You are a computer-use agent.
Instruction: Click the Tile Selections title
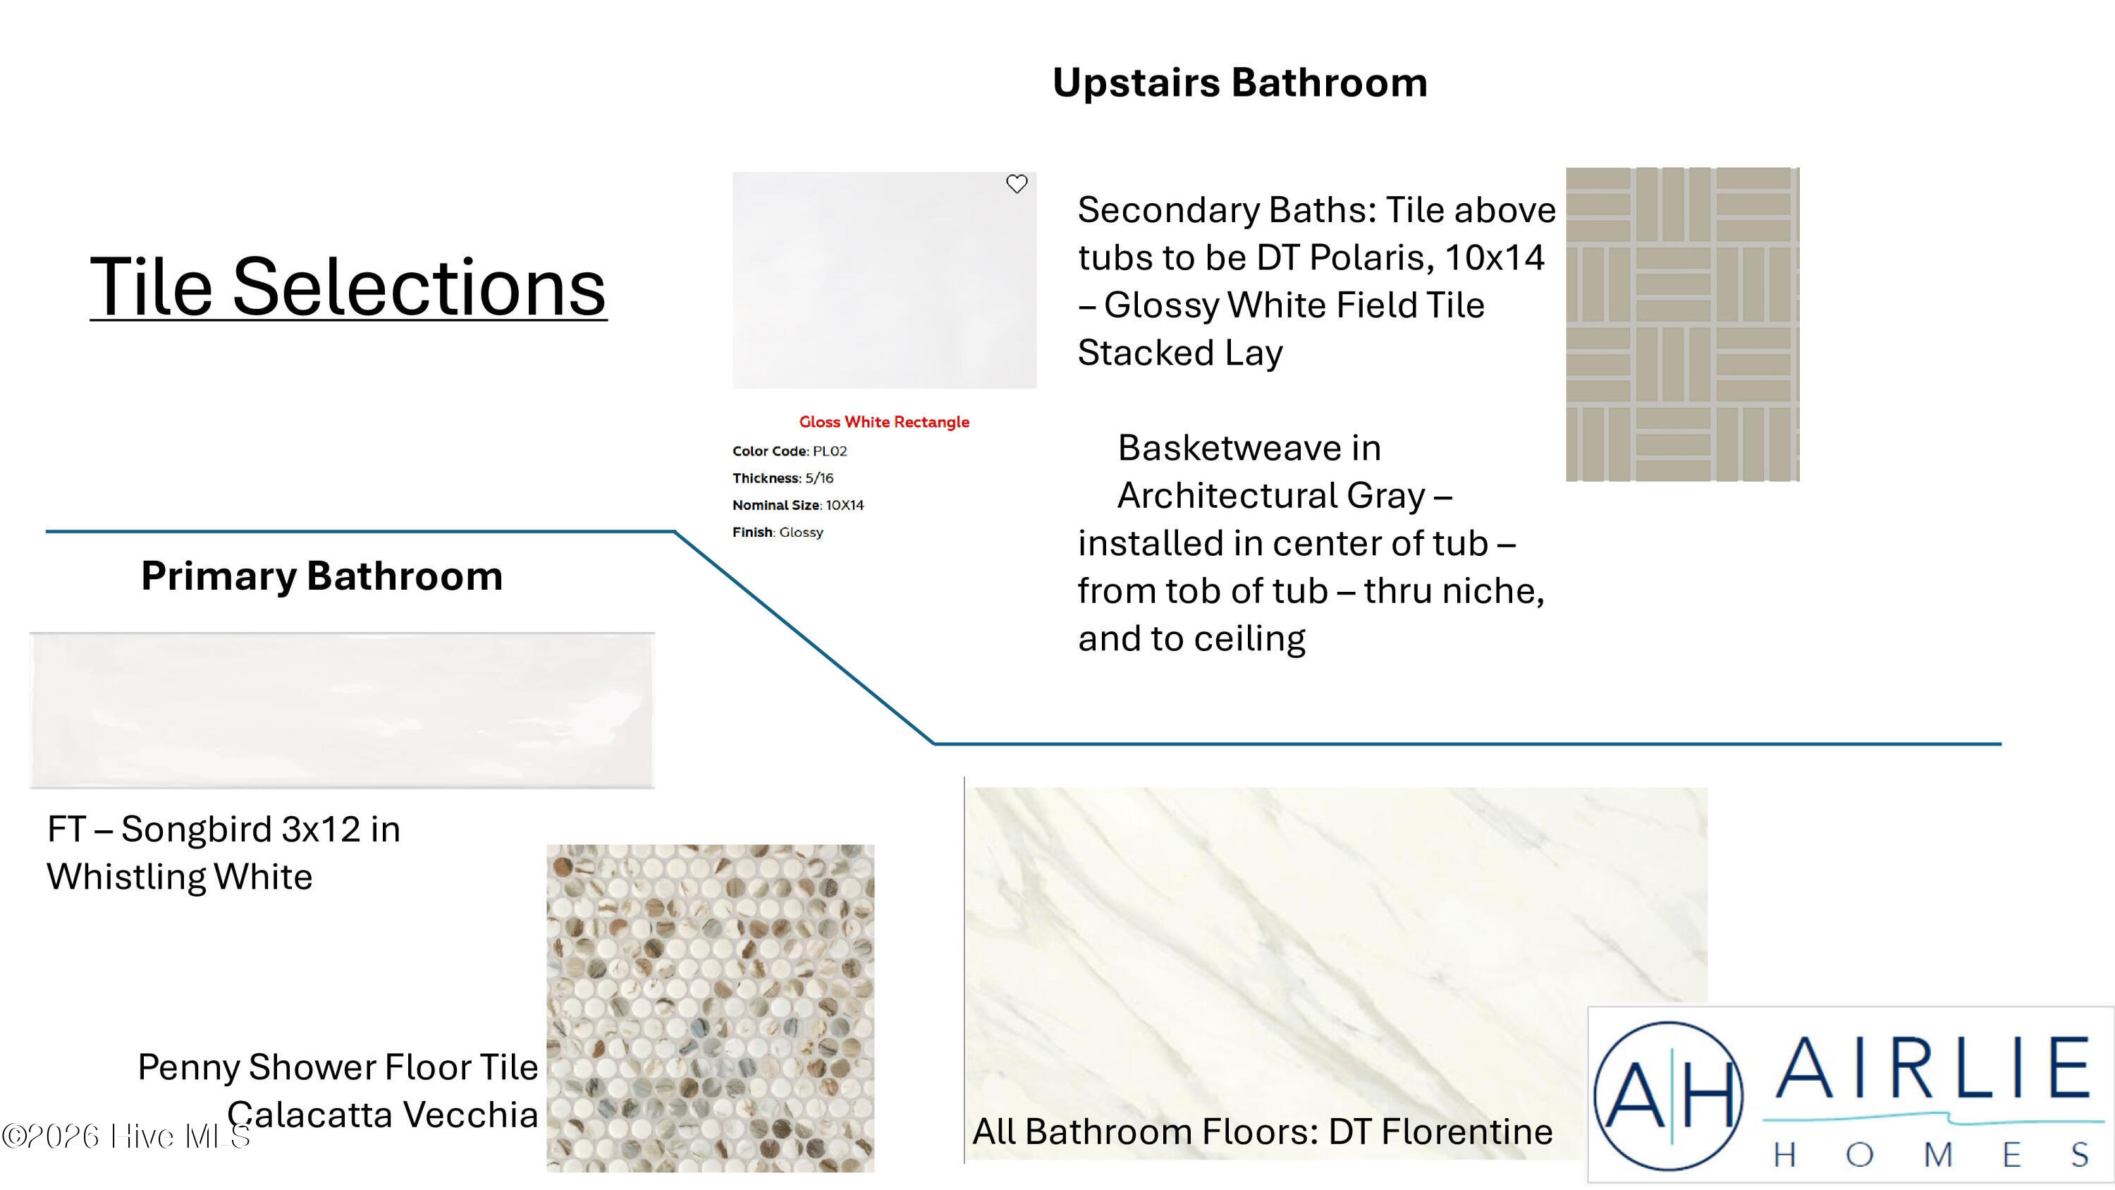click(x=348, y=286)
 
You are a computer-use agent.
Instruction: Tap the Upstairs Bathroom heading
click(x=1240, y=83)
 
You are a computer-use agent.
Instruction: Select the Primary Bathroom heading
click(x=322, y=576)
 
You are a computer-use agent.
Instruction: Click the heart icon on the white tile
click(x=1017, y=184)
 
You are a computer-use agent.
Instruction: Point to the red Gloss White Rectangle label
click(x=884, y=422)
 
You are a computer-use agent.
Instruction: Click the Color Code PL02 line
click(x=790, y=451)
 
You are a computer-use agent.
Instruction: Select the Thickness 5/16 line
click(x=783, y=478)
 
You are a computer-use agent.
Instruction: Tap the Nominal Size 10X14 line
click(x=798, y=505)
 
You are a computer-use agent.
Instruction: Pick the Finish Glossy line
click(x=778, y=532)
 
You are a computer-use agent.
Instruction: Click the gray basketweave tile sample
click(x=1682, y=324)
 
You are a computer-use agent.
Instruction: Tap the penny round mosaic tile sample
click(x=710, y=1008)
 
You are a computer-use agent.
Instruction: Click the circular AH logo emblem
click(x=1667, y=1095)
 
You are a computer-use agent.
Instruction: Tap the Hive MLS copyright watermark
click(x=125, y=1136)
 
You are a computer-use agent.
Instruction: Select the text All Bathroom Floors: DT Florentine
click(x=1263, y=1131)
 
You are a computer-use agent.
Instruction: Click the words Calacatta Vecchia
click(x=383, y=1115)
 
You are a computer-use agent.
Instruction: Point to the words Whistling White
click(x=180, y=877)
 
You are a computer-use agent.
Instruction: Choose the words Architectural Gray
click(x=1272, y=496)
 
